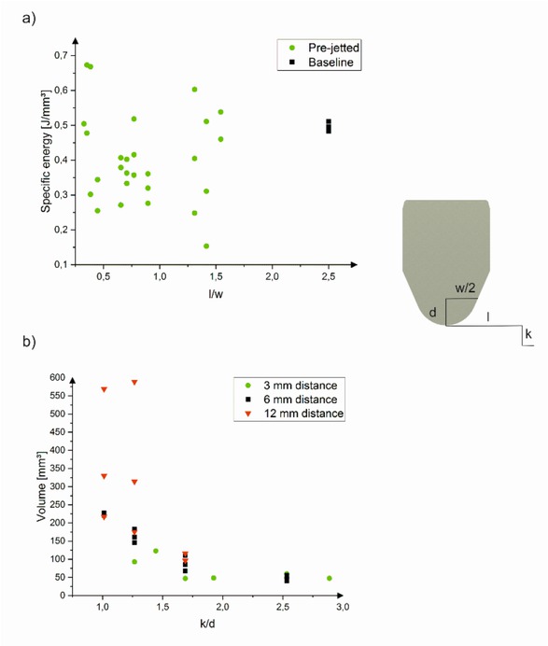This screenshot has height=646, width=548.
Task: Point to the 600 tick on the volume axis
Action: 59,377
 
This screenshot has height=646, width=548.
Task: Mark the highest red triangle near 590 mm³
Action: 134,382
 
